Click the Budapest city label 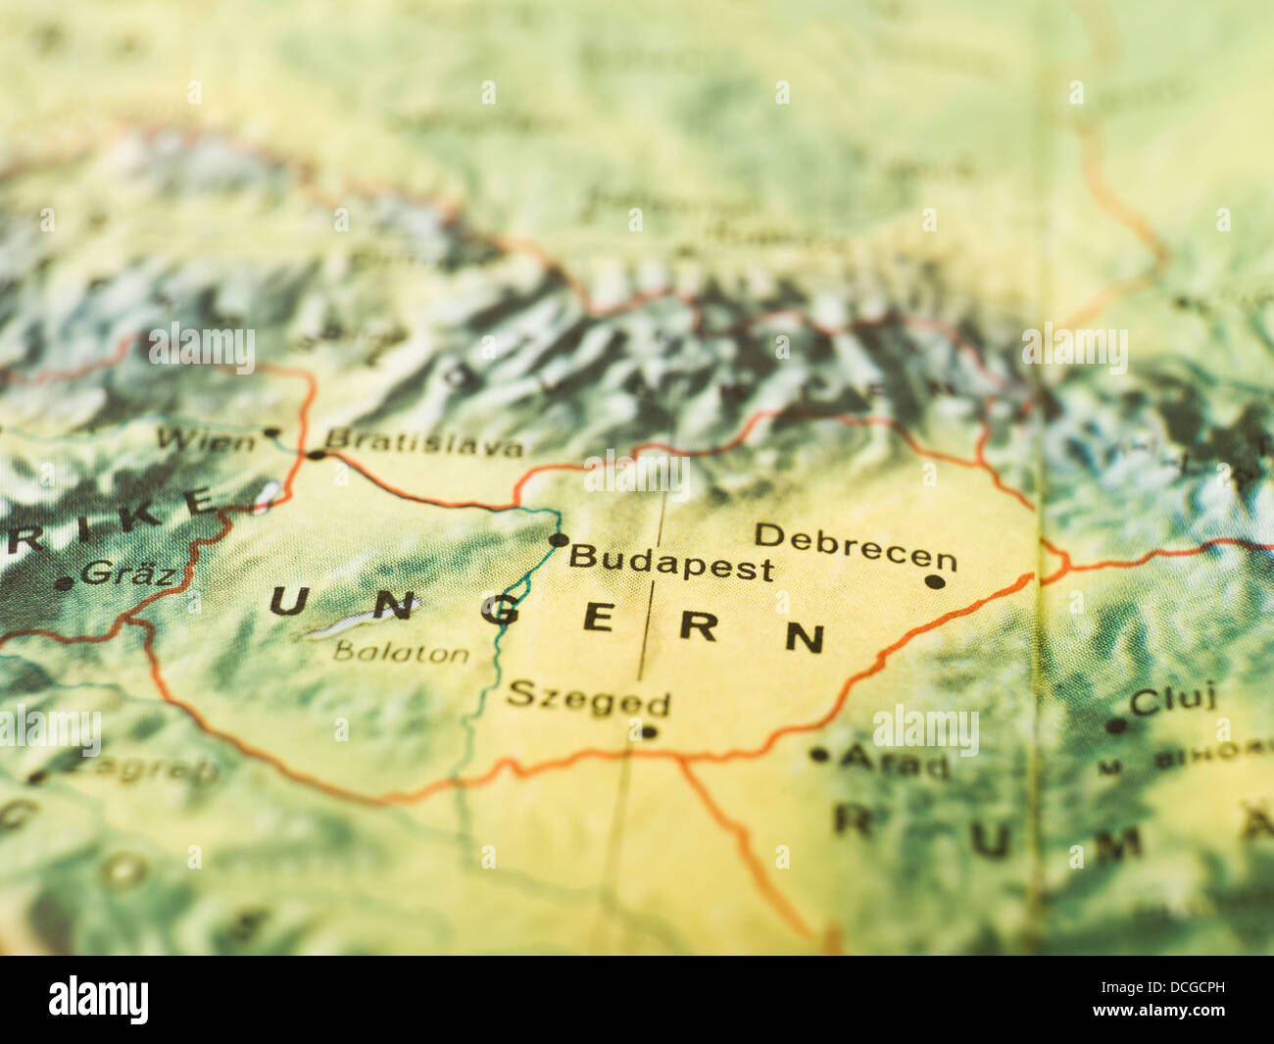671,563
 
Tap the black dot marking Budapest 558,540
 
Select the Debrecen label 855,547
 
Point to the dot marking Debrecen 935,581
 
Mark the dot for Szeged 648,732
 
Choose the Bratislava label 424,443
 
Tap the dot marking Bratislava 316,455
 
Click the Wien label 206,439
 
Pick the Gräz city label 129,572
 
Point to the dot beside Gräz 64,583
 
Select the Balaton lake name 401,652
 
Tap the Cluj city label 1173,699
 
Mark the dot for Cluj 1115,726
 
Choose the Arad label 894,761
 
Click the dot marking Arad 819,755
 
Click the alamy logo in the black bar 99,1000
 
